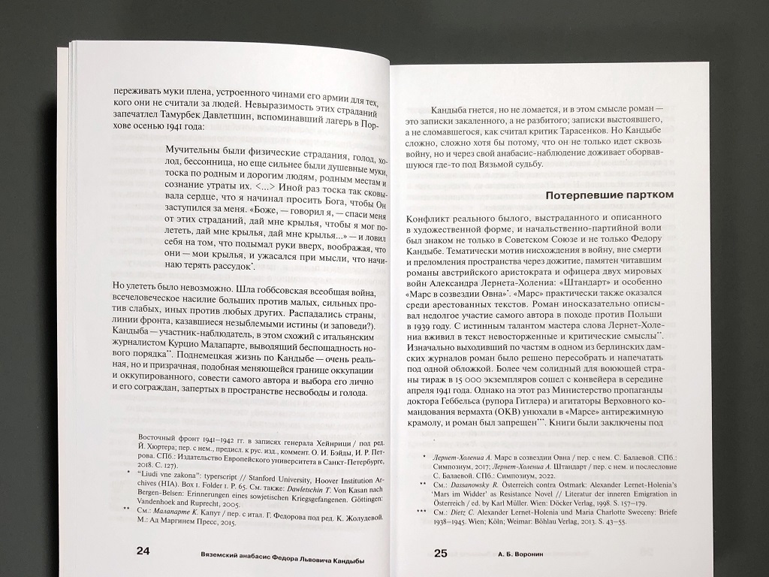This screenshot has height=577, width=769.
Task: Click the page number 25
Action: (x=441, y=554)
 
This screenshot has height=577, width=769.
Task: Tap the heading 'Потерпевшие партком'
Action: (x=609, y=195)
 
